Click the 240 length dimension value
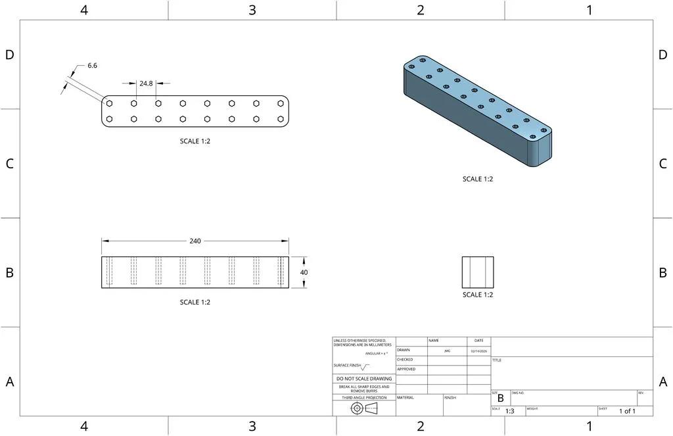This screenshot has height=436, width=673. point(195,241)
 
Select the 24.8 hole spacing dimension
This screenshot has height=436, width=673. point(146,84)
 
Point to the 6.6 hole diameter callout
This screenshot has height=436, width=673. point(92,66)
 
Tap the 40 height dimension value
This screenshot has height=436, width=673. point(304,272)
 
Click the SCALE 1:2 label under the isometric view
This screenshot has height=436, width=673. point(477,179)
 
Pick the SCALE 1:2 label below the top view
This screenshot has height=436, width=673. point(195,141)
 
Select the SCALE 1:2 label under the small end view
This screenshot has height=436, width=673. point(477,295)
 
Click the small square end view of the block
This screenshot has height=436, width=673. point(477,272)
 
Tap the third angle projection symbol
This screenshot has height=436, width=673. point(363,408)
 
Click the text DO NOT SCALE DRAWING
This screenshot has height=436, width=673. point(363,379)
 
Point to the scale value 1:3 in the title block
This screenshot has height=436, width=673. point(509,411)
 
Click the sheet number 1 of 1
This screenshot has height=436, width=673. point(627,411)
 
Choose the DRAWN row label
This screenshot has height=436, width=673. point(404,351)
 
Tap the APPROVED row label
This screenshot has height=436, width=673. point(406,370)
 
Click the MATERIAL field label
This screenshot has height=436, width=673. point(406,398)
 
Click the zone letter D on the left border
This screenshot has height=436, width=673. point(9,55)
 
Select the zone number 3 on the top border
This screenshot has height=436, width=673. point(252,10)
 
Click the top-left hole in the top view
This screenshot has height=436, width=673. point(110,103)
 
